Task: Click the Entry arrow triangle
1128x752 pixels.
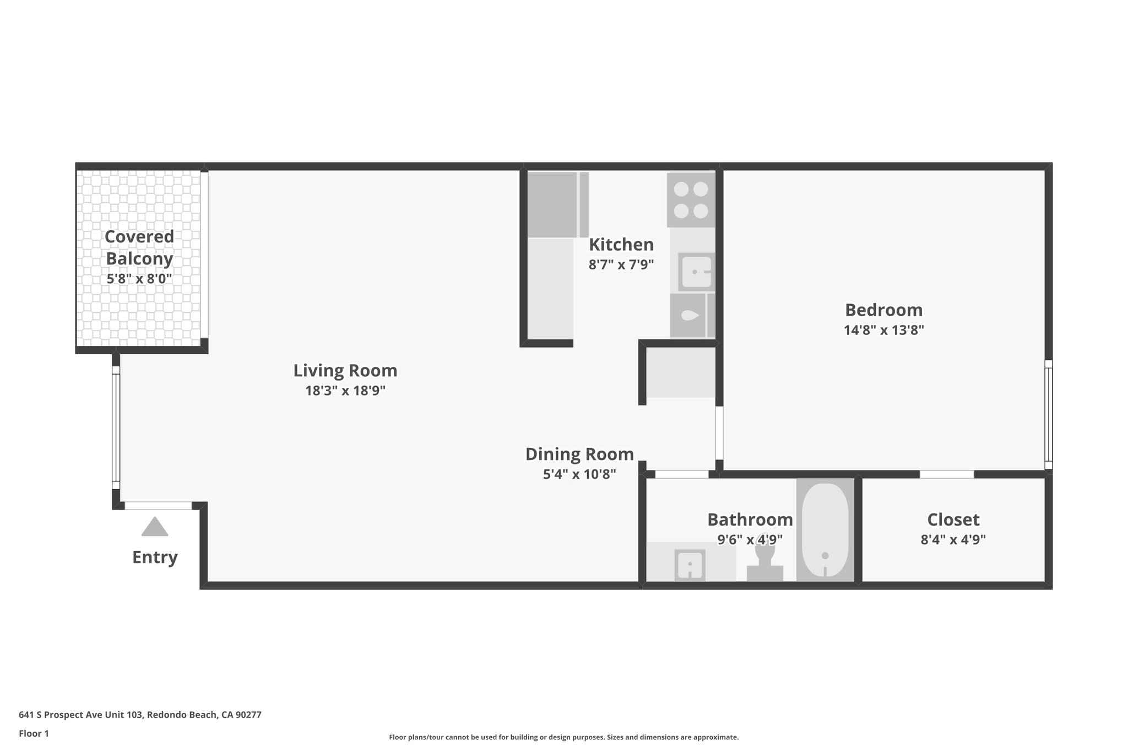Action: (x=154, y=527)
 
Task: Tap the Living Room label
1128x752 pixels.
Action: (x=345, y=371)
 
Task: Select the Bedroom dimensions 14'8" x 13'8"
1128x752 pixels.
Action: (x=883, y=331)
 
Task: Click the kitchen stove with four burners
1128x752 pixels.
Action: (x=691, y=200)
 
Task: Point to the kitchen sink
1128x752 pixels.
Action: (x=696, y=272)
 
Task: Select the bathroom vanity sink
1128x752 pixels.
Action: (x=690, y=565)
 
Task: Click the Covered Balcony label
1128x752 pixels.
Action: (x=139, y=247)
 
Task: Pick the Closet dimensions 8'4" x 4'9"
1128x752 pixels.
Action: (x=953, y=539)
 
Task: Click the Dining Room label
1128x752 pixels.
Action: (x=579, y=455)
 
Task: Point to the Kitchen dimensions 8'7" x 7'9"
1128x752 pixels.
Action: (x=621, y=265)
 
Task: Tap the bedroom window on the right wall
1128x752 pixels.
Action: (x=1048, y=414)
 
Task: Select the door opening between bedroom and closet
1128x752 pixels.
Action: (x=946, y=474)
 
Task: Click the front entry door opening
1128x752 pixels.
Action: (x=158, y=505)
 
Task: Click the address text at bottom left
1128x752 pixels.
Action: (x=140, y=715)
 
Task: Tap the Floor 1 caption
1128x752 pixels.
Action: (x=34, y=733)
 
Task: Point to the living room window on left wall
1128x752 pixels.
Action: (x=116, y=427)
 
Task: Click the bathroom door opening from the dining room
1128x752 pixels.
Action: (x=681, y=474)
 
